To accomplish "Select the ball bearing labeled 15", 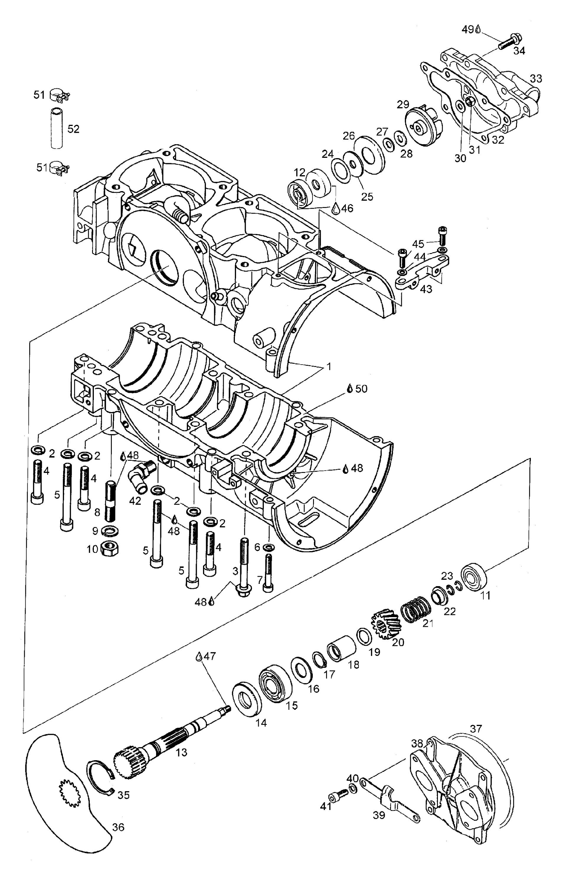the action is (x=275, y=683).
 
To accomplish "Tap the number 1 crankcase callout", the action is (x=329, y=366).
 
